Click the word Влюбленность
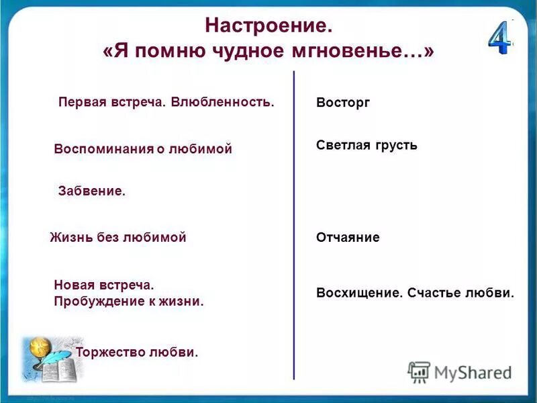point(222,103)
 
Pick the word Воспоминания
point(104,149)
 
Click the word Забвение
point(92,191)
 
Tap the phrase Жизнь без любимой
point(118,237)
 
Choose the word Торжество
point(110,352)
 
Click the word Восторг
point(342,103)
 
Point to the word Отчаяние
point(348,237)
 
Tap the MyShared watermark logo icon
point(419,371)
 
